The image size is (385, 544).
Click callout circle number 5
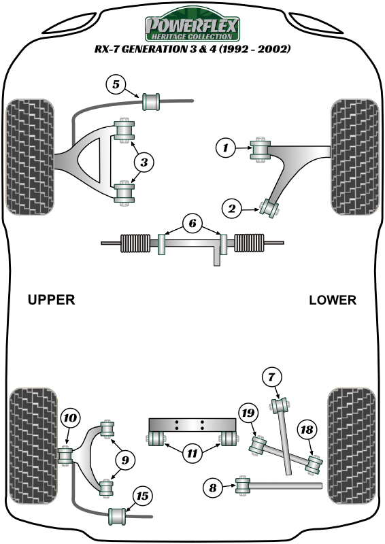click(x=116, y=85)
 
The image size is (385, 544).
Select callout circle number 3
click(x=144, y=162)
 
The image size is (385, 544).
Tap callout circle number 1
click(x=224, y=146)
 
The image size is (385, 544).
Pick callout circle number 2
click(x=233, y=210)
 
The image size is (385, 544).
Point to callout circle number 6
click(x=192, y=223)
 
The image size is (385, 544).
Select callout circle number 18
click(x=307, y=429)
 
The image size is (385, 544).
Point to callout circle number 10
click(x=70, y=418)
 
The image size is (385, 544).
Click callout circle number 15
click(x=142, y=496)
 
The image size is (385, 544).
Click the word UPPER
click(x=51, y=300)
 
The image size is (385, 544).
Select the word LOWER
click(x=332, y=300)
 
